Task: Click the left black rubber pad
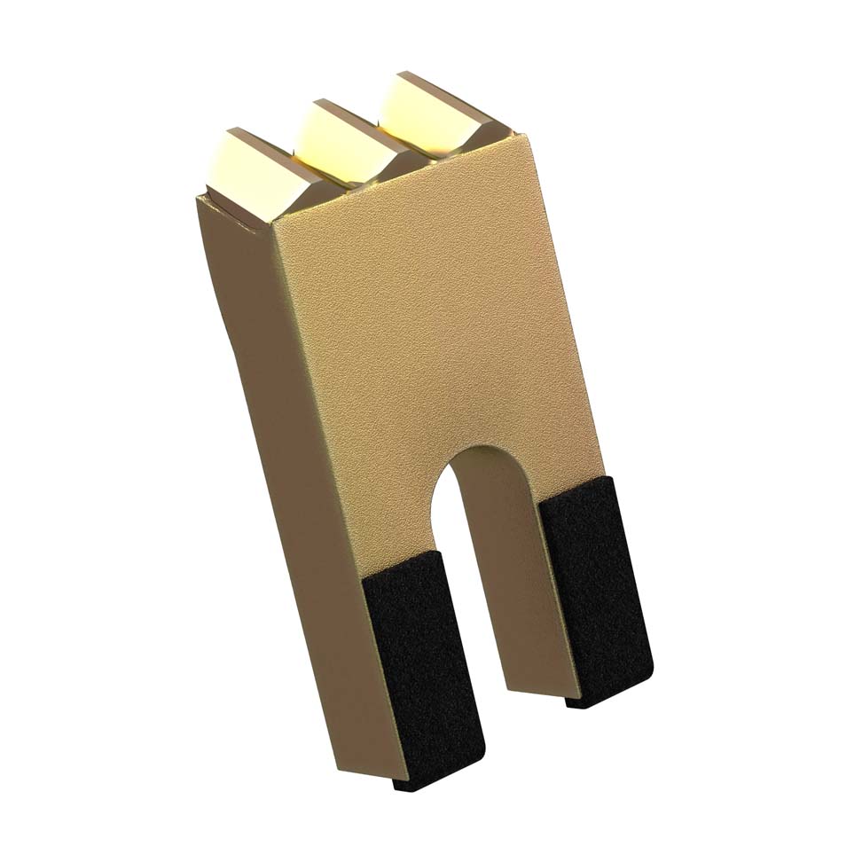coord(426,665)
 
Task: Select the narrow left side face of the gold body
coord(266,443)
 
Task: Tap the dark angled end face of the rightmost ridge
coord(492,124)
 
